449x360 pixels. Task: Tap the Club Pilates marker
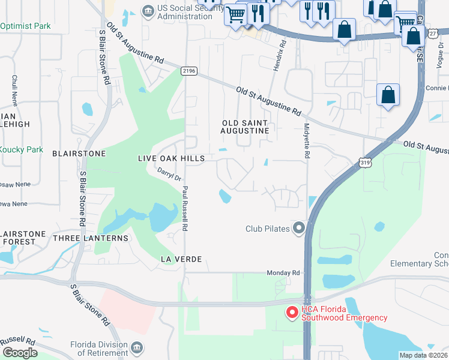tap(299, 228)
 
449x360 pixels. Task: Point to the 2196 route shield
tap(189, 71)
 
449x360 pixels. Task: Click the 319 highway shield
tap(365, 162)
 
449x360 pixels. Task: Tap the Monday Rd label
tap(284, 272)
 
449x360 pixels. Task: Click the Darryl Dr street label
tap(169, 175)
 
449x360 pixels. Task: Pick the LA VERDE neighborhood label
tap(180, 259)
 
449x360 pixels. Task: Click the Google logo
tap(20, 353)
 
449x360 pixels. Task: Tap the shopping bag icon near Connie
tap(388, 95)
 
